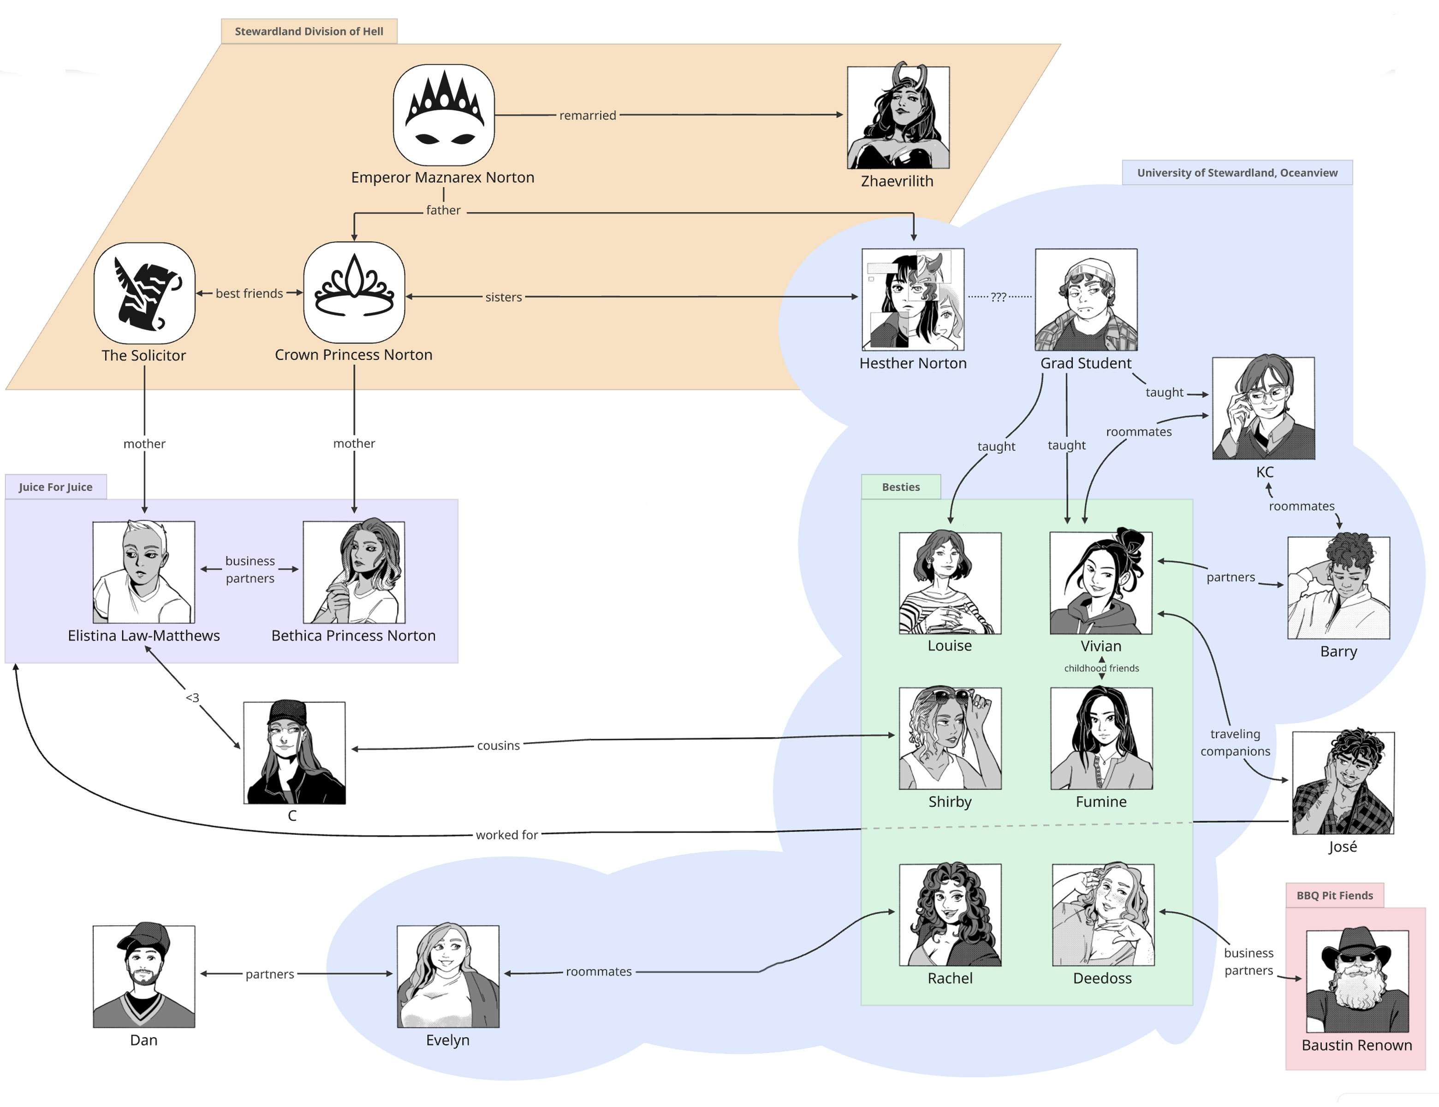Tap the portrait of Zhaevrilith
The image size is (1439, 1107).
898,117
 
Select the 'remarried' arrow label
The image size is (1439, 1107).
587,115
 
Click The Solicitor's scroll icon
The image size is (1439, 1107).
144,293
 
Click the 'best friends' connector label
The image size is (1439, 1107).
249,293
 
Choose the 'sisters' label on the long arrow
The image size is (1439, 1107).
503,297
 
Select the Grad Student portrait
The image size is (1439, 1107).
1086,299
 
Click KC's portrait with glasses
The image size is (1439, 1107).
1263,409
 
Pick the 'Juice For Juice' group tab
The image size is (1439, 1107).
55,487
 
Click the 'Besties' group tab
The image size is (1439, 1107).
901,487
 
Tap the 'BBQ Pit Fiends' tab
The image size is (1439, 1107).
1334,895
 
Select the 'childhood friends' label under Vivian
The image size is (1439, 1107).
1101,668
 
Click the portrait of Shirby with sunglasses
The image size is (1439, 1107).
950,738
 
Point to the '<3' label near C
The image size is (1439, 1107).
192,697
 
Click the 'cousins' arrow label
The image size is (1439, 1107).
498,745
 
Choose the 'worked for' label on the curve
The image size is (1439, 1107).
507,835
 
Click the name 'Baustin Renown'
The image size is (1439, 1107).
1356,1045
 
